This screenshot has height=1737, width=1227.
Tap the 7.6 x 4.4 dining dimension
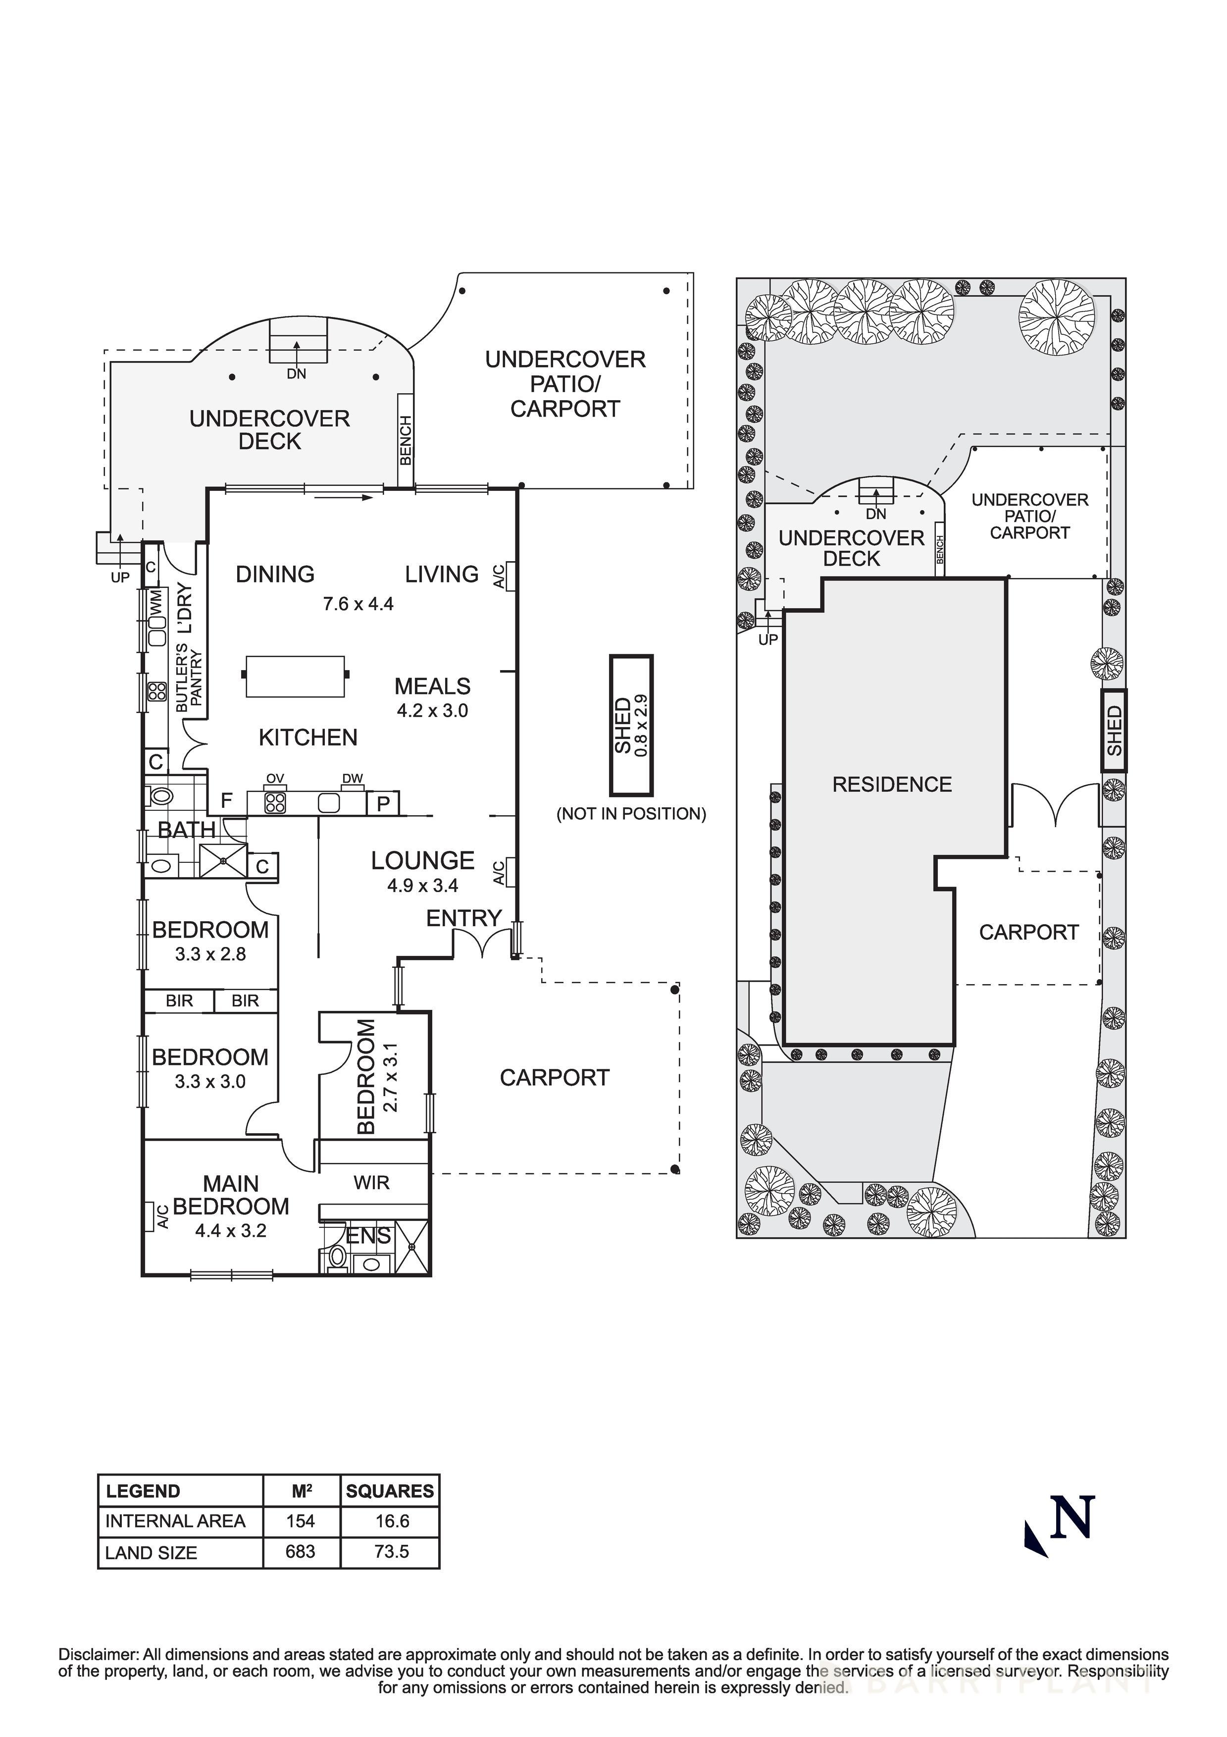pyautogui.click(x=358, y=604)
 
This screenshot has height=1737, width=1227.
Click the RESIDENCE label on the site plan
pyautogui.click(x=892, y=785)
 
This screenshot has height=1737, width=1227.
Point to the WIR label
pyautogui.click(x=371, y=1182)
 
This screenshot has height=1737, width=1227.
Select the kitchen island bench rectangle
pyautogui.click(x=295, y=677)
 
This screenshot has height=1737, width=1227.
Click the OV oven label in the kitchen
pyautogui.click(x=275, y=779)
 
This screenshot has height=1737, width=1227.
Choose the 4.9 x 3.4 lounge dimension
pyautogui.click(x=423, y=885)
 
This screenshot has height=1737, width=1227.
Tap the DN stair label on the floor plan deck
pyautogui.click(x=297, y=374)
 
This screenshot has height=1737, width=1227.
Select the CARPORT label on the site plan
pyautogui.click(x=1029, y=932)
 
